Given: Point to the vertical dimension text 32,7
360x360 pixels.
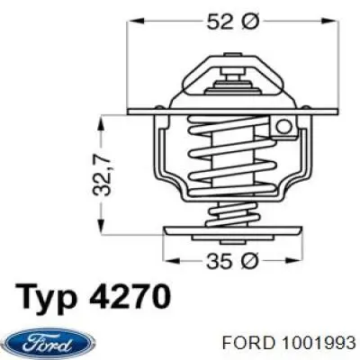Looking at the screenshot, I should click(x=107, y=174).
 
